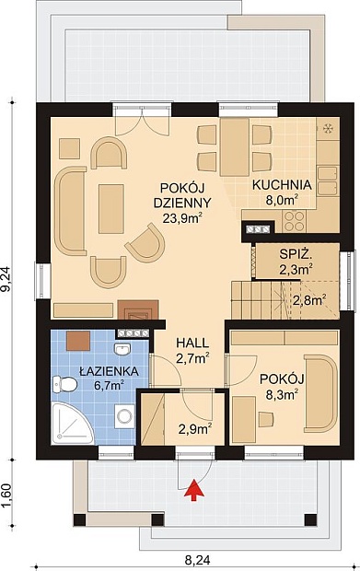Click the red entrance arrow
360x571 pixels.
click(x=193, y=490)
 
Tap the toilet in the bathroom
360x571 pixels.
click(x=64, y=384)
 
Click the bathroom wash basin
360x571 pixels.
click(x=122, y=350)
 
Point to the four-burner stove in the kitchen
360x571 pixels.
click(x=294, y=221)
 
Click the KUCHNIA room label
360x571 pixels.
click(x=282, y=184)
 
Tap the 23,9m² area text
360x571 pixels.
click(x=178, y=217)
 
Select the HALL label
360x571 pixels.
click(x=192, y=343)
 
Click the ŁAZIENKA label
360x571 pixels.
click(x=109, y=371)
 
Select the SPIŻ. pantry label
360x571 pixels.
click(x=296, y=254)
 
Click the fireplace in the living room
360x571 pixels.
click(x=138, y=309)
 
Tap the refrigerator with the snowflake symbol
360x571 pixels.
click(x=328, y=128)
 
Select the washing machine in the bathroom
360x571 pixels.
click(x=124, y=416)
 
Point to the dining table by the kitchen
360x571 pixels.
click(x=235, y=146)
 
